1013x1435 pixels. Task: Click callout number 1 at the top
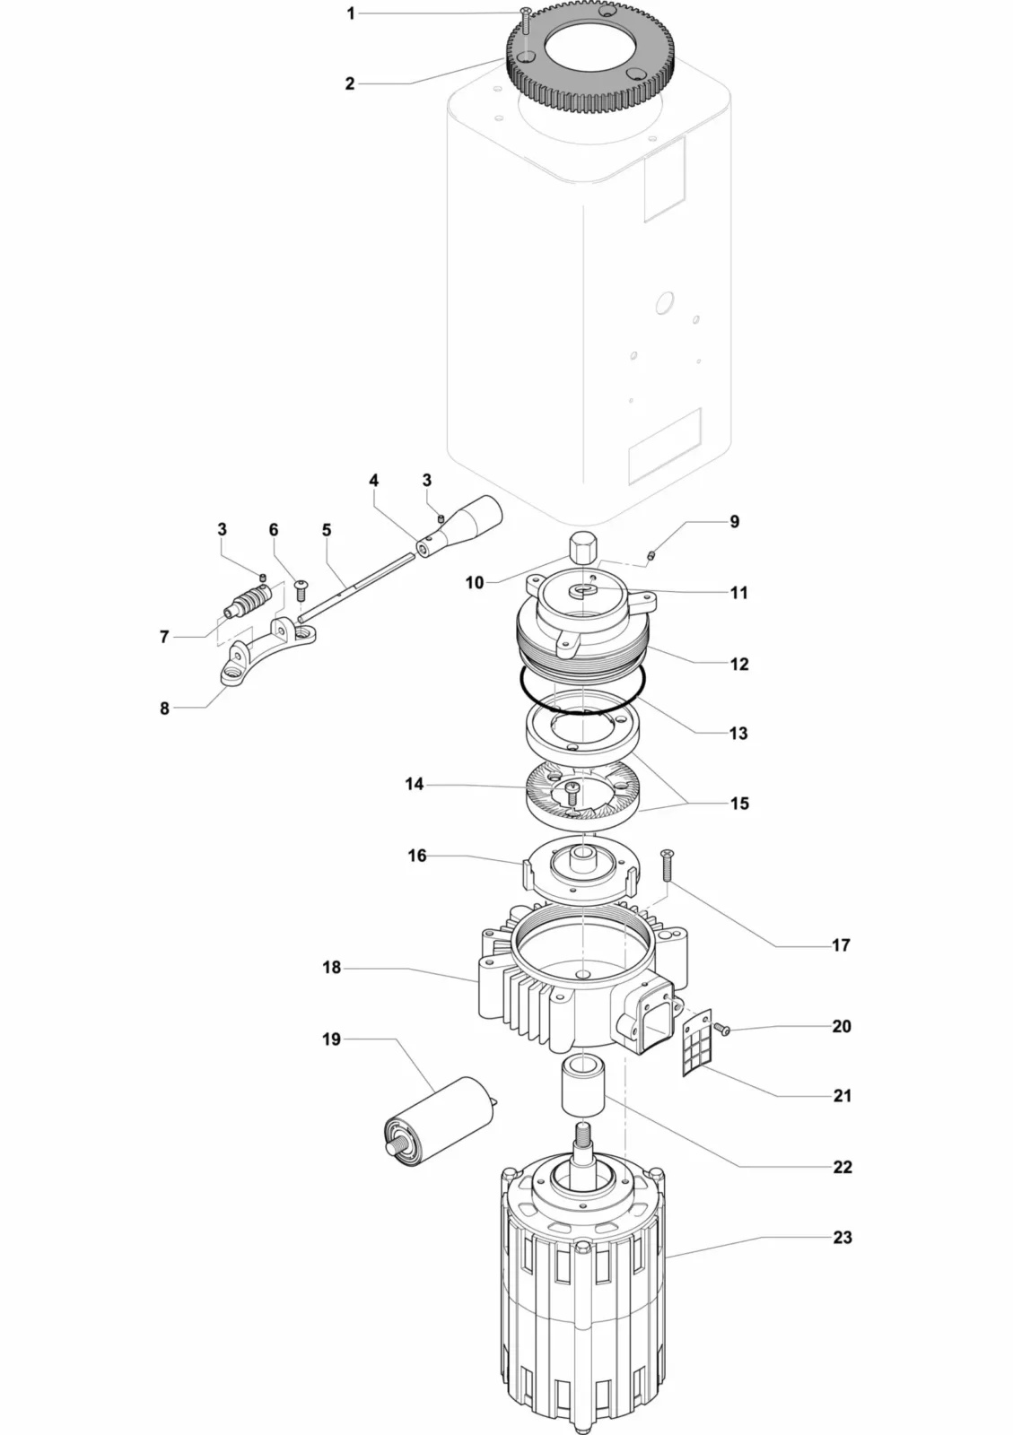351,13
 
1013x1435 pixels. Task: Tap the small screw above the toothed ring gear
525,20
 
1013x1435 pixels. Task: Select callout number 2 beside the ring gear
350,83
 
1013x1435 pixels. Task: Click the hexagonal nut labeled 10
582,546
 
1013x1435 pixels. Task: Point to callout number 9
734,521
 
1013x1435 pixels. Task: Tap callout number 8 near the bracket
164,709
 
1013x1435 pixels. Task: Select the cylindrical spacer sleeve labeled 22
581,1084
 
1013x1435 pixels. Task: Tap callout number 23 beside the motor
842,1237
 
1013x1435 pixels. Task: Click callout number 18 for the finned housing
332,968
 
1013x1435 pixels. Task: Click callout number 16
417,856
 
